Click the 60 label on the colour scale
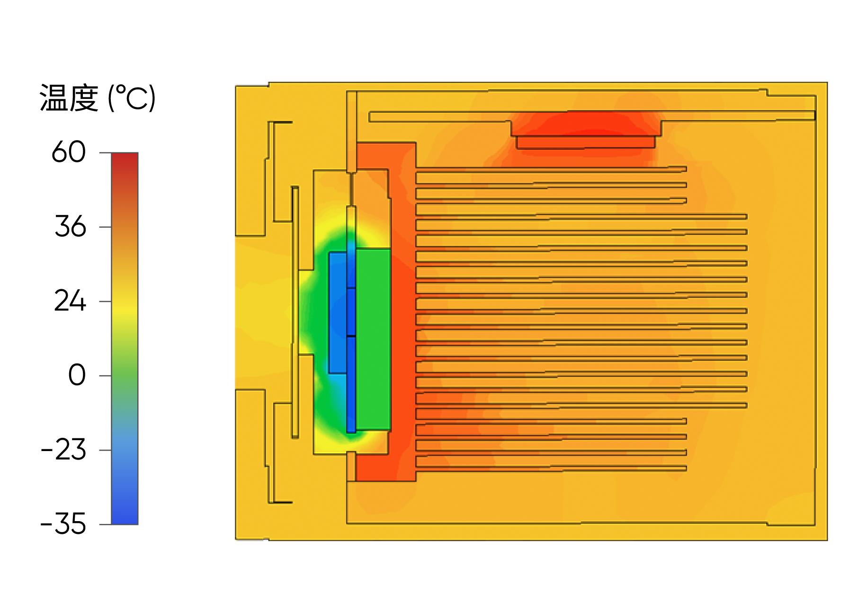[68, 153]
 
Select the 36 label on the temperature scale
[70, 227]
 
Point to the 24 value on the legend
[70, 301]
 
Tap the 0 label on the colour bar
[77, 376]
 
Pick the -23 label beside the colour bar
[63, 450]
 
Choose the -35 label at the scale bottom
[63, 524]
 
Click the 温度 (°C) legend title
[98, 98]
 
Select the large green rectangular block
[373, 339]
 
